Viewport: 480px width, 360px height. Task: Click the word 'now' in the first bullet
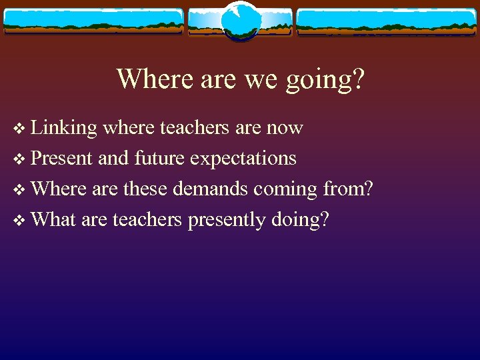point(285,128)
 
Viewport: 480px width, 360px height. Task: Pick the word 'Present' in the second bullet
point(62,158)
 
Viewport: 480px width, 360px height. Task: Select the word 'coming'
point(286,190)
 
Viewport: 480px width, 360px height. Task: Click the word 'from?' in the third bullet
point(347,189)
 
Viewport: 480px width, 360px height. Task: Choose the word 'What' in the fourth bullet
point(53,219)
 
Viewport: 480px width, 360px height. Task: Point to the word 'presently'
point(226,220)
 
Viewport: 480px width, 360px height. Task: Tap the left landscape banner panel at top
point(93,21)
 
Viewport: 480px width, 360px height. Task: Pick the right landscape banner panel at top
point(387,21)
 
